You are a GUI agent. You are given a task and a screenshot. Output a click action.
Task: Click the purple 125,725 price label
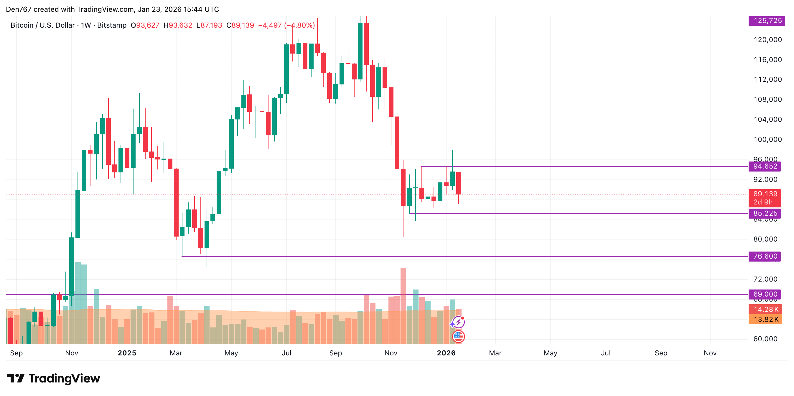pyautogui.click(x=767, y=21)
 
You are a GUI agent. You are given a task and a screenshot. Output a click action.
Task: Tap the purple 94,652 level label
pyautogui.click(x=765, y=167)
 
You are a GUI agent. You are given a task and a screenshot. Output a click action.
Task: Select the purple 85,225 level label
pyautogui.click(x=765, y=213)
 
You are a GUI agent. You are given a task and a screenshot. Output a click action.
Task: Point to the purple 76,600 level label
pyautogui.click(x=765, y=256)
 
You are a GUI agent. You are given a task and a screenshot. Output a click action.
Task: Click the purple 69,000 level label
pyautogui.click(x=765, y=294)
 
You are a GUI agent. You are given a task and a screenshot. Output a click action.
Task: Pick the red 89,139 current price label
pyautogui.click(x=765, y=194)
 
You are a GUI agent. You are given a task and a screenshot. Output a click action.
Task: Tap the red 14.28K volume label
pyautogui.click(x=765, y=309)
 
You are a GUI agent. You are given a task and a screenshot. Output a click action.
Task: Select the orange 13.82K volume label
pyautogui.click(x=765, y=320)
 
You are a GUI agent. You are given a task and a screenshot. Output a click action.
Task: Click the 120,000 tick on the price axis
pyautogui.click(x=767, y=40)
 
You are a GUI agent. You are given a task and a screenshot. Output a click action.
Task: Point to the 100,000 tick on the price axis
pyautogui.click(x=767, y=139)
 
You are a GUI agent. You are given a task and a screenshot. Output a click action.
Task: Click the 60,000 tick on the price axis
pyautogui.click(x=765, y=339)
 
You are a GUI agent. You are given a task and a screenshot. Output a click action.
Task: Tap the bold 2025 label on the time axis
pyautogui.click(x=127, y=353)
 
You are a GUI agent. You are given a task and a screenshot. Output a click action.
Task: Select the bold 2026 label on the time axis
pyautogui.click(x=446, y=353)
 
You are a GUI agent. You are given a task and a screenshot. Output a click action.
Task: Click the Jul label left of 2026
pyautogui.click(x=286, y=353)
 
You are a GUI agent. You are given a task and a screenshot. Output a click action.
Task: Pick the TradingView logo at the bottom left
pyautogui.click(x=53, y=378)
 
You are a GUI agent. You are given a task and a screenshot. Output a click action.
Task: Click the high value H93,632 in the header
pyautogui.click(x=178, y=25)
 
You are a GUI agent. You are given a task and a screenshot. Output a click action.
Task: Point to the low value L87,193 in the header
pyautogui.click(x=209, y=25)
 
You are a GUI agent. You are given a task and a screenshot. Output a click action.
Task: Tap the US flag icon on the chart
pyautogui.click(x=458, y=336)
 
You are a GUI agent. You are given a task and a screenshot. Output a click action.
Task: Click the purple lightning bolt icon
pyautogui.click(x=458, y=322)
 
